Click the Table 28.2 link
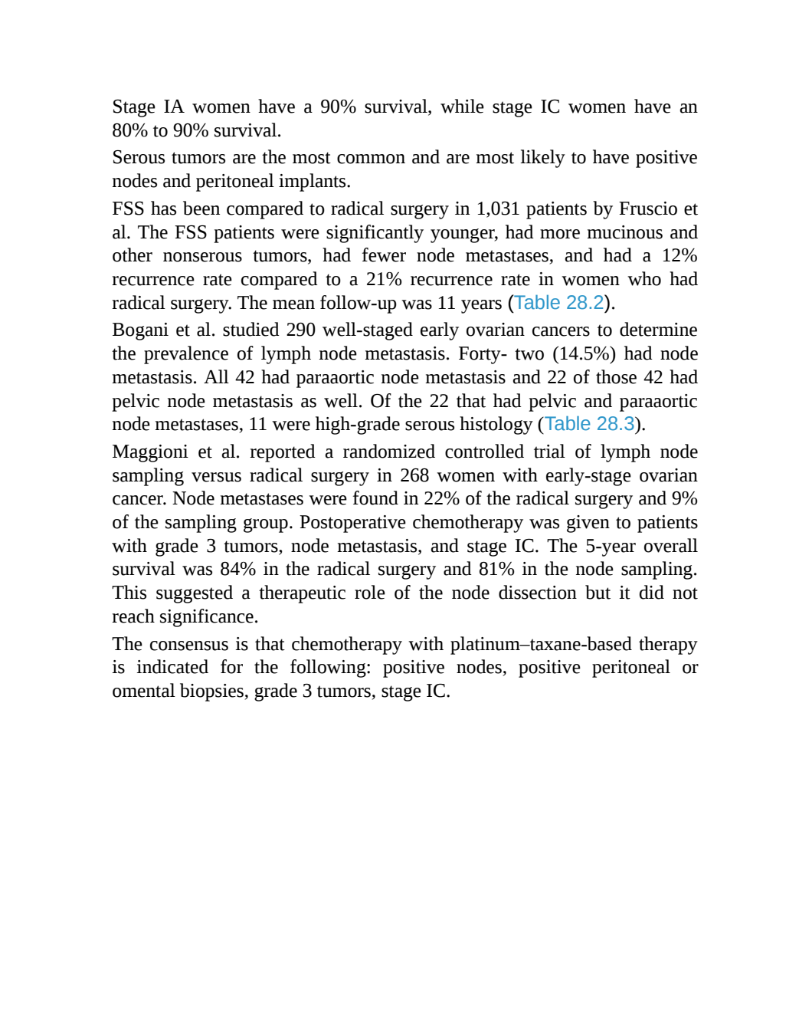point(558,303)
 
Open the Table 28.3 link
point(589,423)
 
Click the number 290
point(301,330)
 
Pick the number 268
point(414,475)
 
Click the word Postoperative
point(352,523)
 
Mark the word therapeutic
point(302,593)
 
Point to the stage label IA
point(174,107)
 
